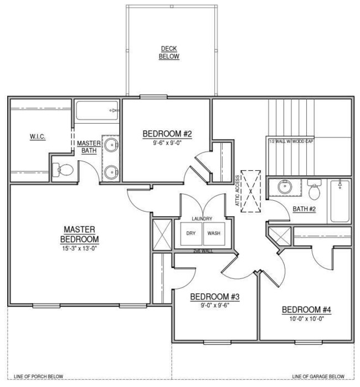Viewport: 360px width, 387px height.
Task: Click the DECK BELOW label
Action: (x=169, y=52)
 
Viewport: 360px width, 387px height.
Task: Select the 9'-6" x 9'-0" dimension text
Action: (x=167, y=142)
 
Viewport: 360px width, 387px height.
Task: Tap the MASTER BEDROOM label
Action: (x=81, y=234)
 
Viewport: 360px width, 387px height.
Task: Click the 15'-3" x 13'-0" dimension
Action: (x=81, y=248)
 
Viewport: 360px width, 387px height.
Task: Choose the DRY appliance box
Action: (x=191, y=233)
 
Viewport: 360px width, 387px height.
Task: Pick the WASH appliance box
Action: (x=214, y=233)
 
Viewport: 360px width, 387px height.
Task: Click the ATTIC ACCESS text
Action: (x=238, y=191)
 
